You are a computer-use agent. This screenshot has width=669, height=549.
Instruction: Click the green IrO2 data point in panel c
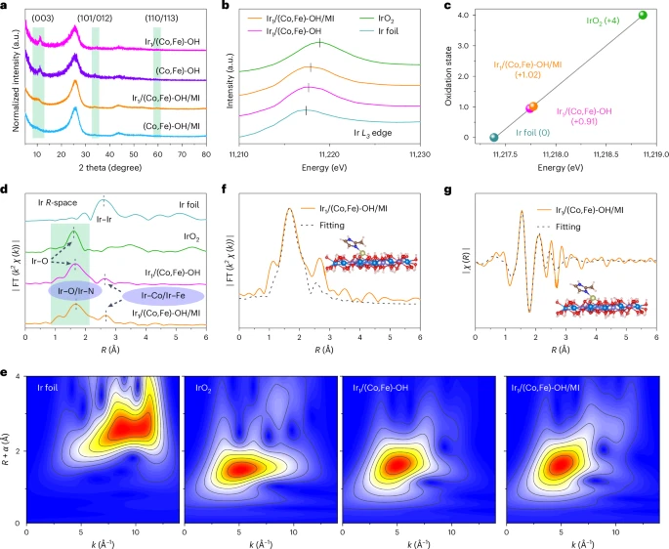[642, 15]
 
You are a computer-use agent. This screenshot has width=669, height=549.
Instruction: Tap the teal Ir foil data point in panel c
[493, 138]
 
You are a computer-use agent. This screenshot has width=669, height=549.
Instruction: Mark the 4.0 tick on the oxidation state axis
[472, 15]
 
